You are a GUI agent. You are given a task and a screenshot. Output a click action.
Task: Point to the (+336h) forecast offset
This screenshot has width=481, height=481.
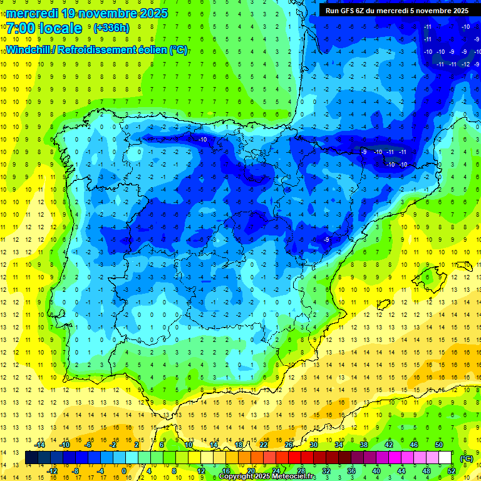[111, 28]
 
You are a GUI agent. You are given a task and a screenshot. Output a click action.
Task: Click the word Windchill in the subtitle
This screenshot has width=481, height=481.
[32, 50]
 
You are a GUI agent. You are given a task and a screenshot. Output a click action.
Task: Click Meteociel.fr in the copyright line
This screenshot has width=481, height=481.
[293, 477]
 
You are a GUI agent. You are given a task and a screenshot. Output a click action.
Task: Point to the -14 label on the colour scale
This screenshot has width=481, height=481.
[41, 445]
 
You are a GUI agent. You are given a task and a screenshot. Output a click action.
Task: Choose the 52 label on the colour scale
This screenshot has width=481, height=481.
[452, 471]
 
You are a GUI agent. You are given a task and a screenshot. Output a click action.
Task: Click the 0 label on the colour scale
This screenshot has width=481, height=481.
[124, 471]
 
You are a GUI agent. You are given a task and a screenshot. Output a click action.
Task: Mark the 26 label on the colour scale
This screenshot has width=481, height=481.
[289, 445]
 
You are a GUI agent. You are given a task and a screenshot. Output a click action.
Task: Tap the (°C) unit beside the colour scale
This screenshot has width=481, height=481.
[467, 458]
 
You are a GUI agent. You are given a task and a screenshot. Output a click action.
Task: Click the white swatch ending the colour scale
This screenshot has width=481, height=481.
[445, 458]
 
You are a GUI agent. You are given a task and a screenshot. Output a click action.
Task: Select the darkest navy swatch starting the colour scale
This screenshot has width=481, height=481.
[31, 458]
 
